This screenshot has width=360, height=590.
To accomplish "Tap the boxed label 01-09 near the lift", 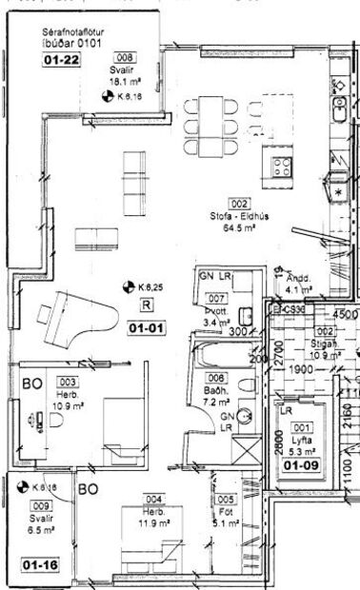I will pos(303,466).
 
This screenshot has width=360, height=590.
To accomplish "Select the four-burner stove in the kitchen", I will pos(283,167).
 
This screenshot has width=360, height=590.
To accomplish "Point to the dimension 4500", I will pos(344,314).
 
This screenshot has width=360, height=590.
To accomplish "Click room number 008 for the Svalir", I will pos(125,58).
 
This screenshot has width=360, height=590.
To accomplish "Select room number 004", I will pos(153,499).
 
